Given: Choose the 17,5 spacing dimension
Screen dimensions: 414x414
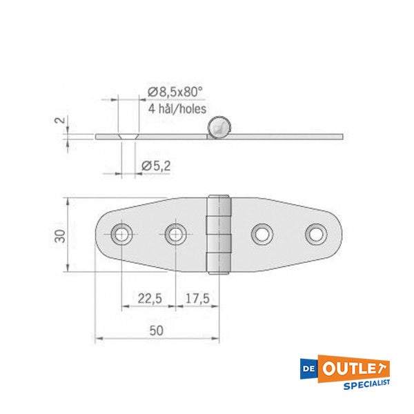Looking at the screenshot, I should (197, 299).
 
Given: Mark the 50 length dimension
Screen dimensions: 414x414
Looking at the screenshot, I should (157, 331).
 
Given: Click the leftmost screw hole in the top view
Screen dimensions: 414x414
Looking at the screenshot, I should (122, 235).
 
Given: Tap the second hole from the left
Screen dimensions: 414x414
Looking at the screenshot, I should (175, 235).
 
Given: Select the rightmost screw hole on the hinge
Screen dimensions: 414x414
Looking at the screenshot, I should (316, 235).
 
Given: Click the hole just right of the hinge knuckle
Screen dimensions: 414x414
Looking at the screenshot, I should (262, 235).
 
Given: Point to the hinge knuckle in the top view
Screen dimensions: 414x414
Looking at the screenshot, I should (219, 235).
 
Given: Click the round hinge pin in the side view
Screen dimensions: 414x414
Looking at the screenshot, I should (218, 126).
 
